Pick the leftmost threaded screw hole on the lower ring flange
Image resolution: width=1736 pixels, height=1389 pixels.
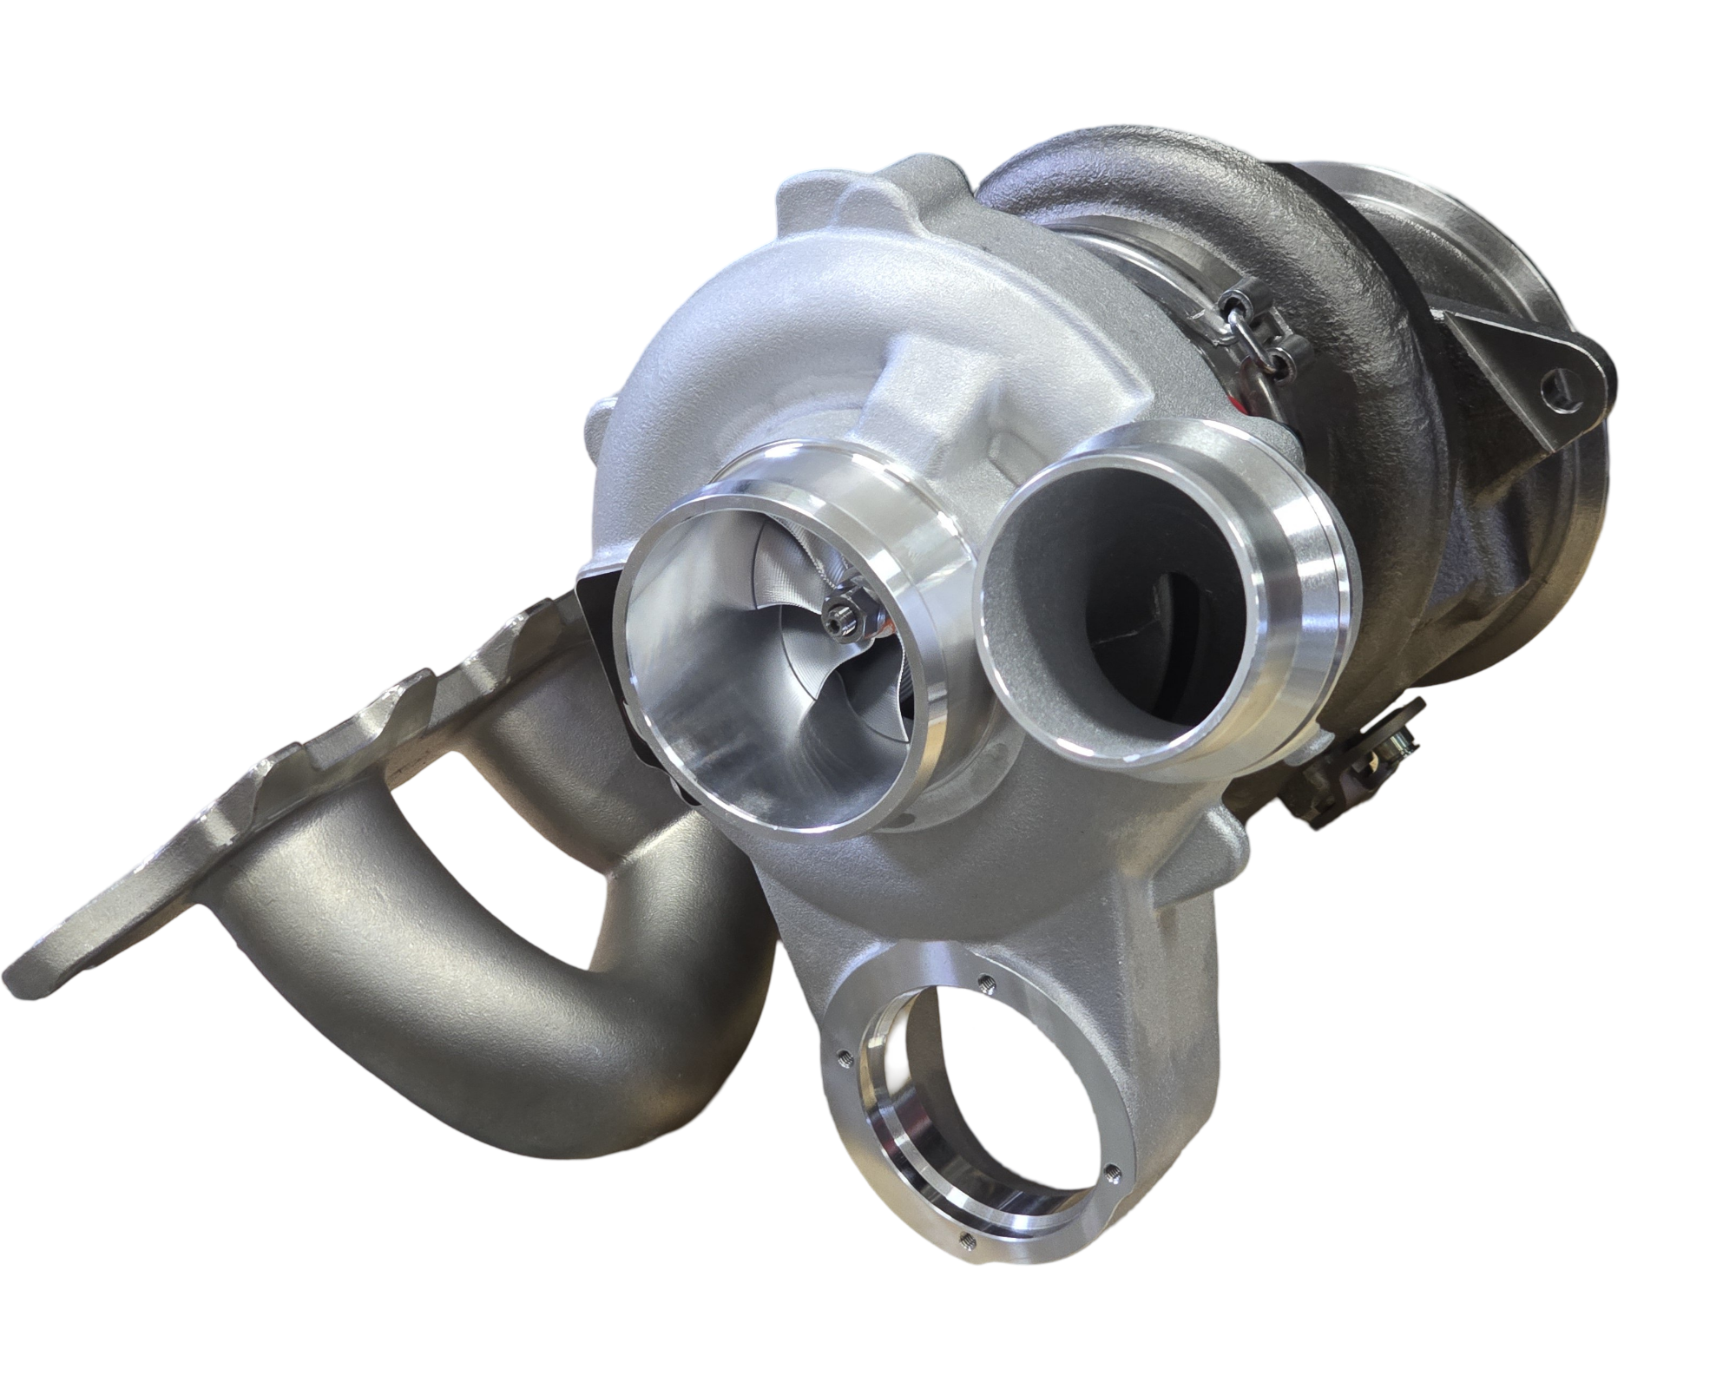point(845,1057)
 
